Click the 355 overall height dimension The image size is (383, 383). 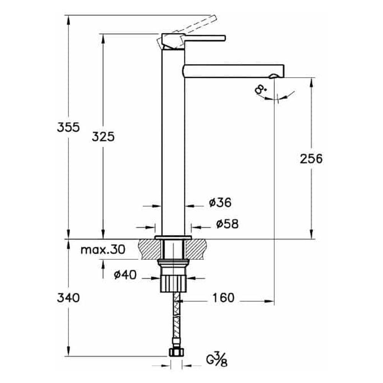68,127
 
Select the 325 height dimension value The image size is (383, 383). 103,136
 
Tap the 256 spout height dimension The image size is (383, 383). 311,159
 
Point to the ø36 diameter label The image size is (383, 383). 220,203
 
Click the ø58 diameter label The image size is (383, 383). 227,224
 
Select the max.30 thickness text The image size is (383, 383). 103,250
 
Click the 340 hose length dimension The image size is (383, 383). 68,297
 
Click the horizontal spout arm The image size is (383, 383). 234,71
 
